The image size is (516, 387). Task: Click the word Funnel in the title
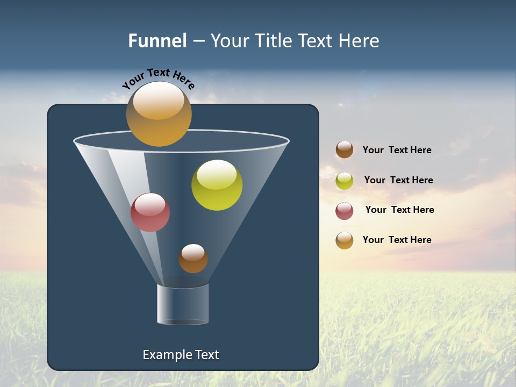pos(157,41)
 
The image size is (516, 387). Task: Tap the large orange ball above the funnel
pos(159,114)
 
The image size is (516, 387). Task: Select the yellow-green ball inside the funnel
pos(217,185)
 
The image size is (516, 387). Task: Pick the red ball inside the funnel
pos(150,212)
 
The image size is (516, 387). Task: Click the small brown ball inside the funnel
pos(193,259)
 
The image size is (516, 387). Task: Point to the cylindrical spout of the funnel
pos(183,304)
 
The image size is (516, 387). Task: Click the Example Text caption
pos(181,355)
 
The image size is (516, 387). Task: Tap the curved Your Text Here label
pos(159,79)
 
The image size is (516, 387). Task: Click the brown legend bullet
pos(345,150)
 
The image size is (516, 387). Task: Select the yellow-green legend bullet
pos(345,181)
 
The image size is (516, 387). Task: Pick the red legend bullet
pos(345,211)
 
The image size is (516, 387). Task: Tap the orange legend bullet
pos(345,240)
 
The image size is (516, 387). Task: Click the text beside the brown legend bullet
pos(397,150)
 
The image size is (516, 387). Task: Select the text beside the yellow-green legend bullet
pos(398,181)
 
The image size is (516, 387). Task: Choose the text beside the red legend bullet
pos(399,210)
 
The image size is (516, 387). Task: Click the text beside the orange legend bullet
pos(397,240)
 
